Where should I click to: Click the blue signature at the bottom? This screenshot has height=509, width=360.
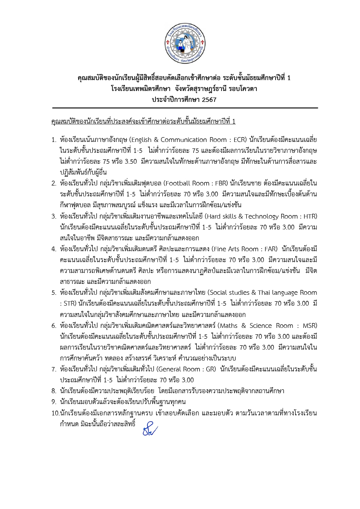point(150,431)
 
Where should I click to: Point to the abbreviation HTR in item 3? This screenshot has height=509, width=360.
point(310,216)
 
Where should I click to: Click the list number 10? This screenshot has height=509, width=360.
point(55,412)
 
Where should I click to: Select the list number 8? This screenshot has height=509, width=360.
point(54,391)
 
